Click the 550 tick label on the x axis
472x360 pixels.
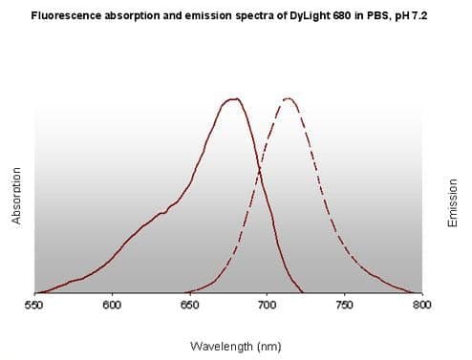tap(33, 306)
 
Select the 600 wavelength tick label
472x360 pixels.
tap(112, 306)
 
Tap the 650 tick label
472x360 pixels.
tap(190, 306)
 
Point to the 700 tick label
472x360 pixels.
tap(267, 306)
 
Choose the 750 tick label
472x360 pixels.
tap(345, 306)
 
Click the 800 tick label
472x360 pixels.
tap(422, 306)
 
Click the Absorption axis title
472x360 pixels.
tap(16, 196)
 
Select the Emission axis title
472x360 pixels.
tap(452, 203)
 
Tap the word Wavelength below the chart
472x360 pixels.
tap(222, 346)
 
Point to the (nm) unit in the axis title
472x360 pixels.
tap(268, 347)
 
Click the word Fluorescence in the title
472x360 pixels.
tap(66, 15)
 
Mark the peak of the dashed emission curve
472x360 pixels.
tap(289, 98)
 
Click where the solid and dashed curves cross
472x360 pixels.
tap(260, 168)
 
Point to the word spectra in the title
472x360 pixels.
tap(254, 16)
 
